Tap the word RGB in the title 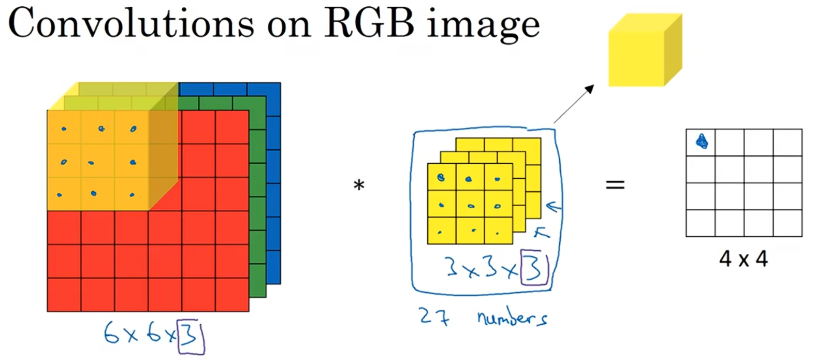(369, 23)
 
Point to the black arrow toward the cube (574, 104)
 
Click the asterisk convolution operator (359, 185)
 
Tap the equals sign (615, 184)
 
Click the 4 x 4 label (743, 258)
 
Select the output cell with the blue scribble (701, 142)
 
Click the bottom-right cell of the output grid (787, 223)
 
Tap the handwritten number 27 (434, 316)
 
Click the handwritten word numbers (512, 318)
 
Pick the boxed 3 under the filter (534, 267)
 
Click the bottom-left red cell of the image (64, 295)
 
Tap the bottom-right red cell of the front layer (232, 295)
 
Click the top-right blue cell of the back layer (264, 89)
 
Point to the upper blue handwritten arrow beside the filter (554, 208)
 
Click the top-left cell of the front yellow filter (441, 177)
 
